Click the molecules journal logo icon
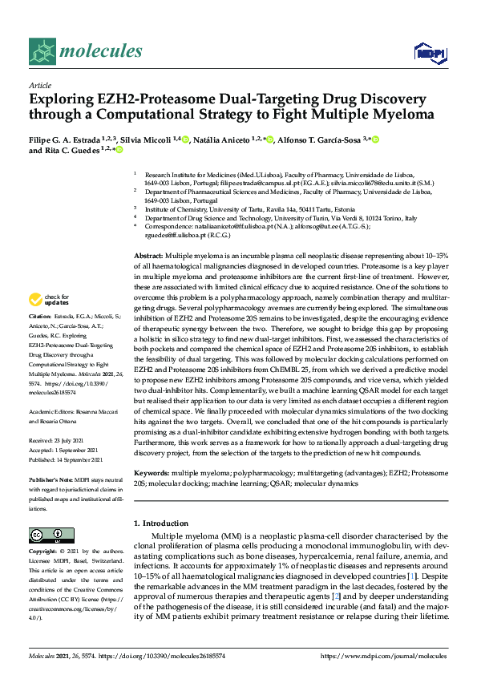pos(42,51)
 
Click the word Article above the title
pos(40,84)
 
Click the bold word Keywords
pos(152,473)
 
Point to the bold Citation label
pos(42,339)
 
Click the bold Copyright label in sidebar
pos(44,552)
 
